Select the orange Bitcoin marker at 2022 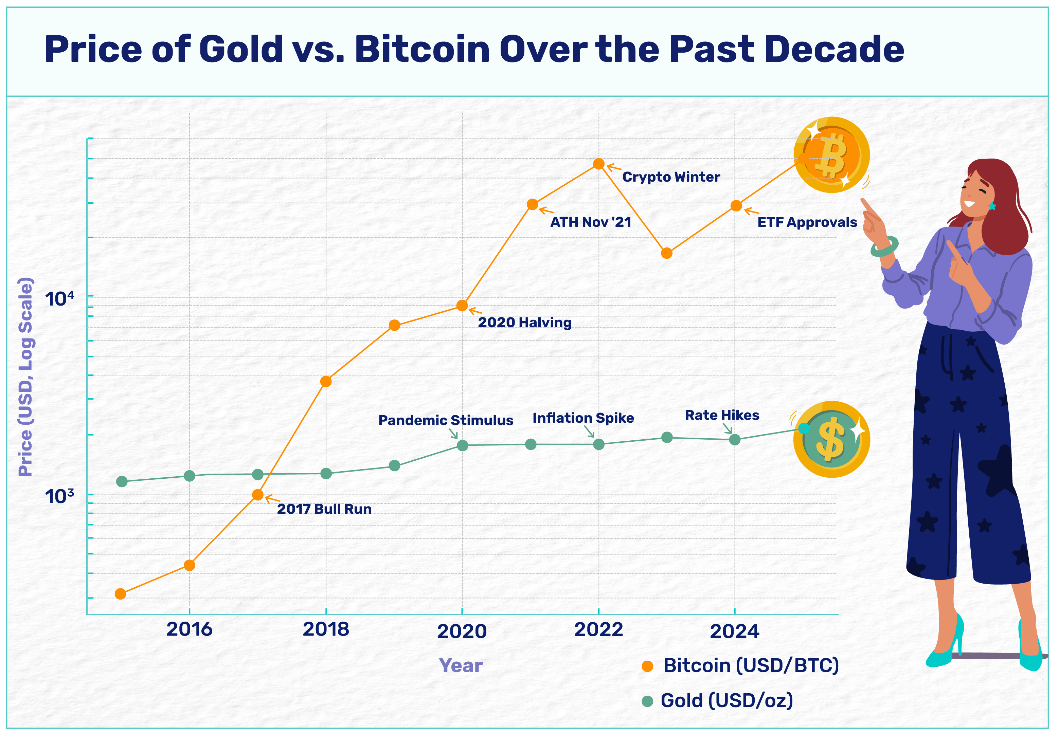pos(598,164)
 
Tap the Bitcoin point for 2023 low pos(667,253)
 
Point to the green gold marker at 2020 pos(462,445)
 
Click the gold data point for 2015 pos(122,481)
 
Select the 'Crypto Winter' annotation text pos(671,177)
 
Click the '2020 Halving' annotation pos(524,323)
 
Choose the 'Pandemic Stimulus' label pos(445,420)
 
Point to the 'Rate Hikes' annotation pos(722,415)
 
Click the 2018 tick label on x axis pos(326,629)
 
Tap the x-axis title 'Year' pos(461,665)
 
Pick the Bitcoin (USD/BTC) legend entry pos(750,665)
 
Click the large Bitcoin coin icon pos(831,154)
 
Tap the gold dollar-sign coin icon pos(831,440)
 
